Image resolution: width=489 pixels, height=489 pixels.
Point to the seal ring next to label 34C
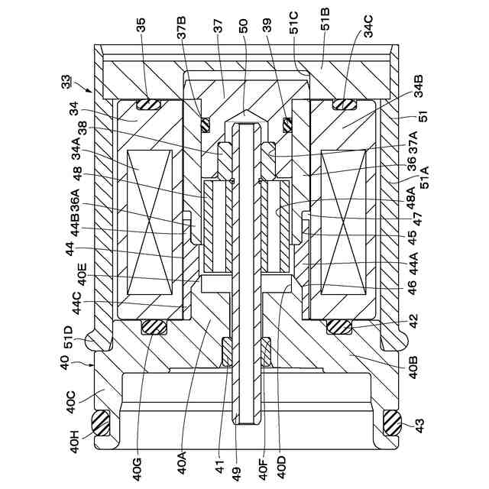click(x=344, y=104)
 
